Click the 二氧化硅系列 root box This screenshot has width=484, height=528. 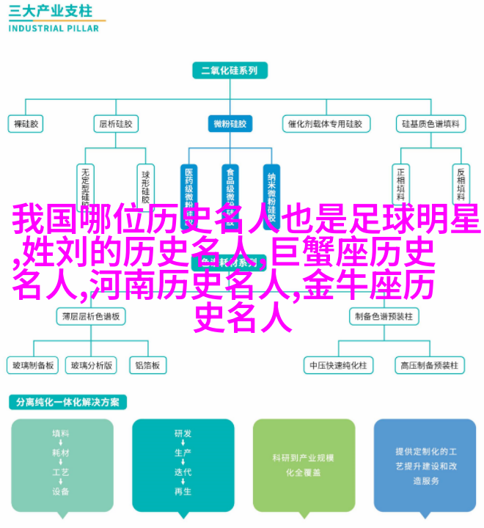click(230, 70)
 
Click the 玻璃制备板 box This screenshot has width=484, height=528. click(32, 365)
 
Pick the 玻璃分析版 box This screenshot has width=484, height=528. click(92, 365)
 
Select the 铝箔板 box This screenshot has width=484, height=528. click(147, 365)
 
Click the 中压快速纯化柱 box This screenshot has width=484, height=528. click(337, 365)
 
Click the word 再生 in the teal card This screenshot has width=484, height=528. click(183, 491)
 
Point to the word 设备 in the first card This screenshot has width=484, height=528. click(62, 491)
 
